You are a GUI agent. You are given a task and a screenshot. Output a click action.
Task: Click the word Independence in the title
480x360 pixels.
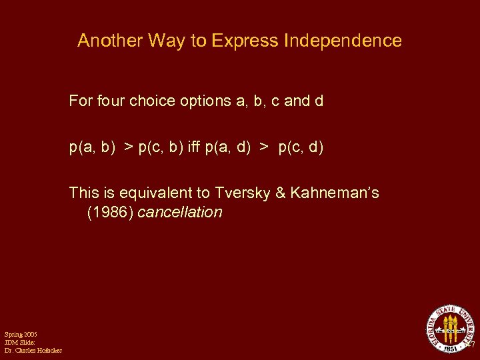343,41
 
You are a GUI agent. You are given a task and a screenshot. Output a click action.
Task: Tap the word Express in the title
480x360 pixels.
245,41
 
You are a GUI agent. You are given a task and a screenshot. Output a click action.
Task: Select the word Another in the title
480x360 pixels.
109,41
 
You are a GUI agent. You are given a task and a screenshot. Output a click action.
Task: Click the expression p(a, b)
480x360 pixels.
91,147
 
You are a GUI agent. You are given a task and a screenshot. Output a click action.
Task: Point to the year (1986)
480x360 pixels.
110,213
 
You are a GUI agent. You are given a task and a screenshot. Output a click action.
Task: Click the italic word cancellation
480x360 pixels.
179,213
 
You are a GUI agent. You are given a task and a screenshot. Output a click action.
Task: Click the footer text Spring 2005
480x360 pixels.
21,334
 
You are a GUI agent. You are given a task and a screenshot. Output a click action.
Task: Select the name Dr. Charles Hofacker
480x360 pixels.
33,351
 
